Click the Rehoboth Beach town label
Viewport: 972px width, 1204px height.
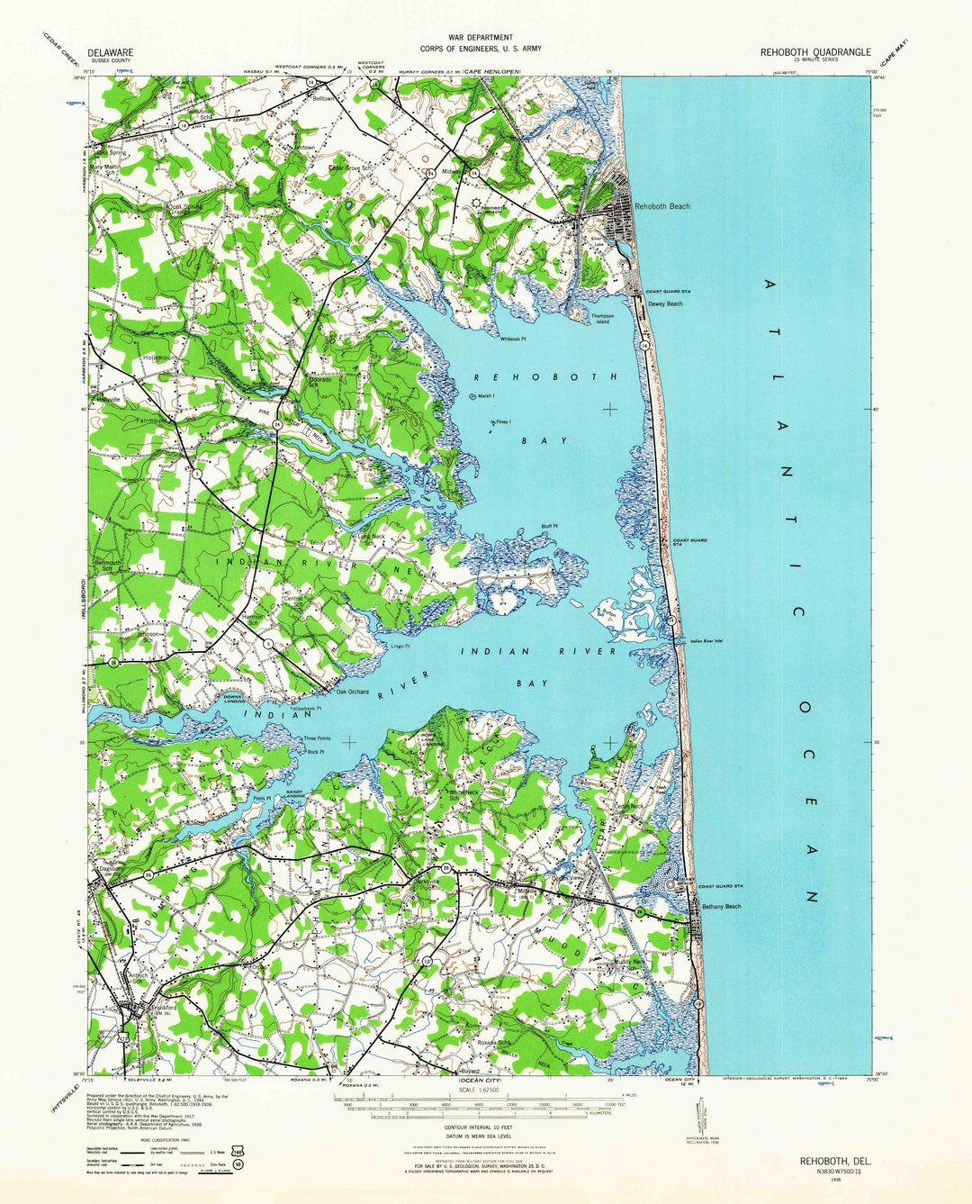[x=662, y=206]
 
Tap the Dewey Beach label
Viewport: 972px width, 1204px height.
[x=665, y=304]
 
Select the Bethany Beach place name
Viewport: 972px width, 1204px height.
[x=721, y=906]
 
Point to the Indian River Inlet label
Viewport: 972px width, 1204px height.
[x=706, y=641]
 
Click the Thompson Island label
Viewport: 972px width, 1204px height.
[x=602, y=319]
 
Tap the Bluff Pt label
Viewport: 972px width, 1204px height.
[x=549, y=527]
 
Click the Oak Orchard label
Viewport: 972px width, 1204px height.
[x=353, y=692]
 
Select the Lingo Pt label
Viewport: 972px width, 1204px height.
[x=400, y=646]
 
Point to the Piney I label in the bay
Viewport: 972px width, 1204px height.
[x=503, y=421]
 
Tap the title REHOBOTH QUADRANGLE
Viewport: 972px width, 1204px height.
[x=815, y=52]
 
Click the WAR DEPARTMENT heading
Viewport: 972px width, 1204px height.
[x=480, y=38]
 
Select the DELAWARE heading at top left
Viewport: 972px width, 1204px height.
[x=111, y=53]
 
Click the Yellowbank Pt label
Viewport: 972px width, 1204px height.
[x=306, y=709]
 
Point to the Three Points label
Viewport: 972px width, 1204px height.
[x=317, y=738]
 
